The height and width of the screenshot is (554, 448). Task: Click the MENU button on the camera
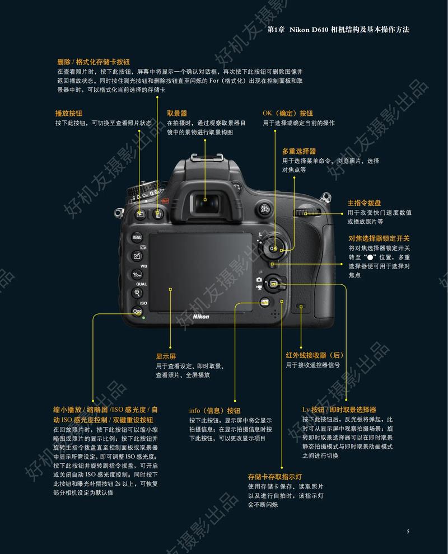137,237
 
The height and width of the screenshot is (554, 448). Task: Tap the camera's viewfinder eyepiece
206,199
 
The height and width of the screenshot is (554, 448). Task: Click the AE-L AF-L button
265,209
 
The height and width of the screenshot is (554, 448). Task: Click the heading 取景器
176,113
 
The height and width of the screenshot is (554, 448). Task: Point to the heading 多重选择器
299,151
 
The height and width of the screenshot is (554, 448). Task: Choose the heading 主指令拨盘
364,203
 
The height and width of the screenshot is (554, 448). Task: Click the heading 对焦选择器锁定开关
379,238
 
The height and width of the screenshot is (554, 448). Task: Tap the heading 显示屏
166,356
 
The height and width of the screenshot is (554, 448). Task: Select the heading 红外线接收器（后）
315,355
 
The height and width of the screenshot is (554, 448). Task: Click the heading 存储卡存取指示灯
275,477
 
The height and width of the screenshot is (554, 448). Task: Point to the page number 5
408,531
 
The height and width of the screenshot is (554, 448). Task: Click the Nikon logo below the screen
200,317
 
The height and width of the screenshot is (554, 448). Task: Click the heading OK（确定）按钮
288,113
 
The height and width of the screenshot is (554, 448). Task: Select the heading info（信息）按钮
214,410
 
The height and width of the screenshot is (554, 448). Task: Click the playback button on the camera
141,214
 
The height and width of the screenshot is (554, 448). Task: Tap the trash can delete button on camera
158,214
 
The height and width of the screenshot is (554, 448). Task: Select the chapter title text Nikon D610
308,29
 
